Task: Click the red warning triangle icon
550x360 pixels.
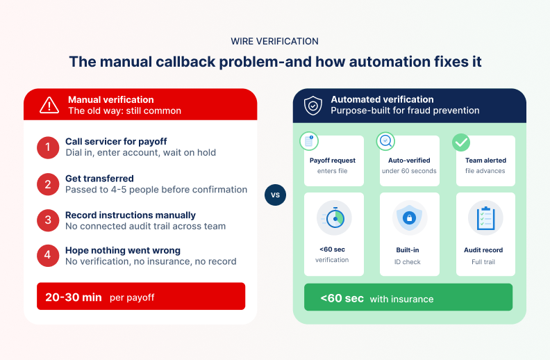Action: (49, 105)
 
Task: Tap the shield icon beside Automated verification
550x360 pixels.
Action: (313, 105)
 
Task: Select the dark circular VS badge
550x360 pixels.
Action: (275, 195)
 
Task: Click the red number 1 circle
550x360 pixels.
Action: (48, 147)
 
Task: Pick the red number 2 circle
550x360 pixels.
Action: (48, 183)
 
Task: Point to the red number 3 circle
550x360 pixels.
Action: (48, 220)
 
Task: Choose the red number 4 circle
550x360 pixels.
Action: (48, 256)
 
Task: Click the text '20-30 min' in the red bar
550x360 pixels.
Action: (74, 297)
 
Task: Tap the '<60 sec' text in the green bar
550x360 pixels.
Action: (342, 298)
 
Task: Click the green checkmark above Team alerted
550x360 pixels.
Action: (461, 142)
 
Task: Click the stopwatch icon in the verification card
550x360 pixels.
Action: (334, 218)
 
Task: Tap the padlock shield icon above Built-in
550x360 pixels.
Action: (410, 218)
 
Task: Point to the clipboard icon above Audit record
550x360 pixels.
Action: (485, 218)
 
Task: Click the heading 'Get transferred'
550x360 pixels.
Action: (99, 179)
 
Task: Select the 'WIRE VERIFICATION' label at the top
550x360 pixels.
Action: (275, 42)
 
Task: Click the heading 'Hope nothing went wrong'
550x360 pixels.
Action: (122, 250)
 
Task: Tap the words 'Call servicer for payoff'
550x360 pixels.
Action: (116, 142)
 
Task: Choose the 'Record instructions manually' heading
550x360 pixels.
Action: (131, 215)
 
